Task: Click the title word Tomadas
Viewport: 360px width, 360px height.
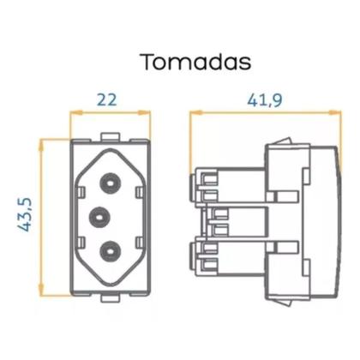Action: [x=195, y=63]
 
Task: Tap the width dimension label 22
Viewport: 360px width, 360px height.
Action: [x=106, y=99]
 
